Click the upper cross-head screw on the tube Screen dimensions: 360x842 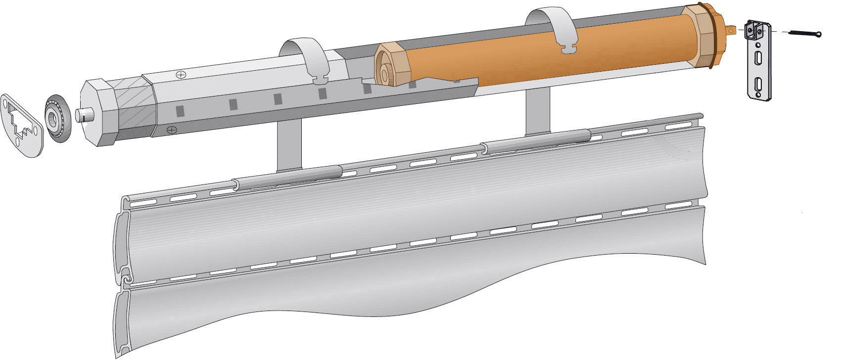[181, 75]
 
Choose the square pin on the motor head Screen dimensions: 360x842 [730, 31]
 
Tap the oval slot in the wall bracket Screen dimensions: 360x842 [757, 59]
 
